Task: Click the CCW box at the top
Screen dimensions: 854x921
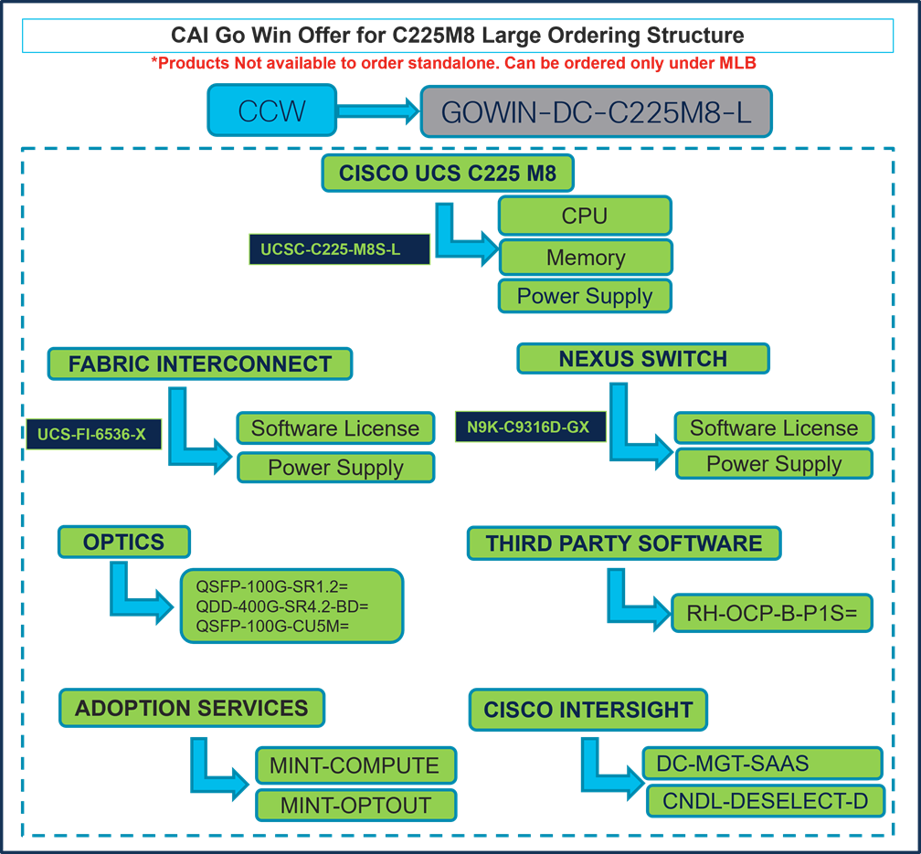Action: [x=271, y=111]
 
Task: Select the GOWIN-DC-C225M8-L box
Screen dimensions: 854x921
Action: [x=597, y=111]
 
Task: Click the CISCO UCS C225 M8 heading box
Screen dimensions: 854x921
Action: [x=447, y=173]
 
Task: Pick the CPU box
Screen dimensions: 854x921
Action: [x=585, y=216]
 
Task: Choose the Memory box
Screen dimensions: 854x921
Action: [x=585, y=258]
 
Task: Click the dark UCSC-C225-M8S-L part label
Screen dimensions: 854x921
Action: [x=339, y=249]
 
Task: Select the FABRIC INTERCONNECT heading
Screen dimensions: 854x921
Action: [x=199, y=364]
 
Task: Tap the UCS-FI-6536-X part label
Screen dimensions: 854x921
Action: [x=92, y=435]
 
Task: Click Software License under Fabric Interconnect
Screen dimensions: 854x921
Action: [x=335, y=428]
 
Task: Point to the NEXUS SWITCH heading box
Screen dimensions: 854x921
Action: [x=643, y=358]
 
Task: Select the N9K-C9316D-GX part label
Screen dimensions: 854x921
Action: [x=530, y=427]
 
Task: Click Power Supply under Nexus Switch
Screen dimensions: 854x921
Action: [x=774, y=464]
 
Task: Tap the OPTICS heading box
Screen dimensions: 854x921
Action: [x=123, y=542]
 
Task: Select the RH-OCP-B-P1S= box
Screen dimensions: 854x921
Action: [x=772, y=614]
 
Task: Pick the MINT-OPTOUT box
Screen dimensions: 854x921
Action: [x=355, y=805]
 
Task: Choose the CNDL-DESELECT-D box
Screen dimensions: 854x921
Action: [x=766, y=801]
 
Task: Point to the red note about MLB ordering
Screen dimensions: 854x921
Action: [x=454, y=63]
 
